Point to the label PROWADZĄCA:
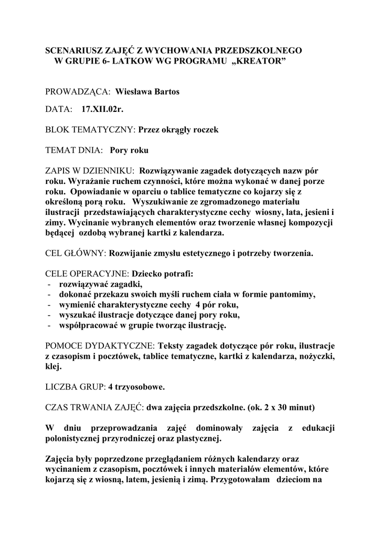(x=78, y=92)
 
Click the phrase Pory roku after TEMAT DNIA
(x=129, y=150)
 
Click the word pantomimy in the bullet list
(x=292, y=295)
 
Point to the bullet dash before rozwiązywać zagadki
(x=48, y=284)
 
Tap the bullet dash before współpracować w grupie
(x=48, y=326)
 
